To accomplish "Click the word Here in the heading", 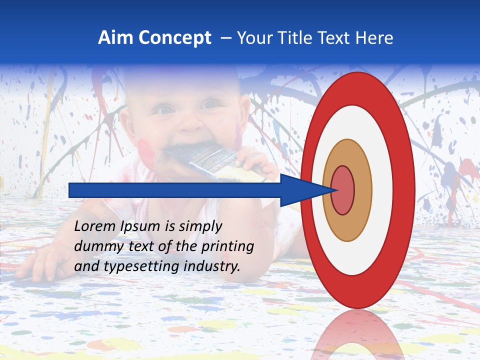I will click(x=374, y=38).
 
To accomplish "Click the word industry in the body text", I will click(x=212, y=266).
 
